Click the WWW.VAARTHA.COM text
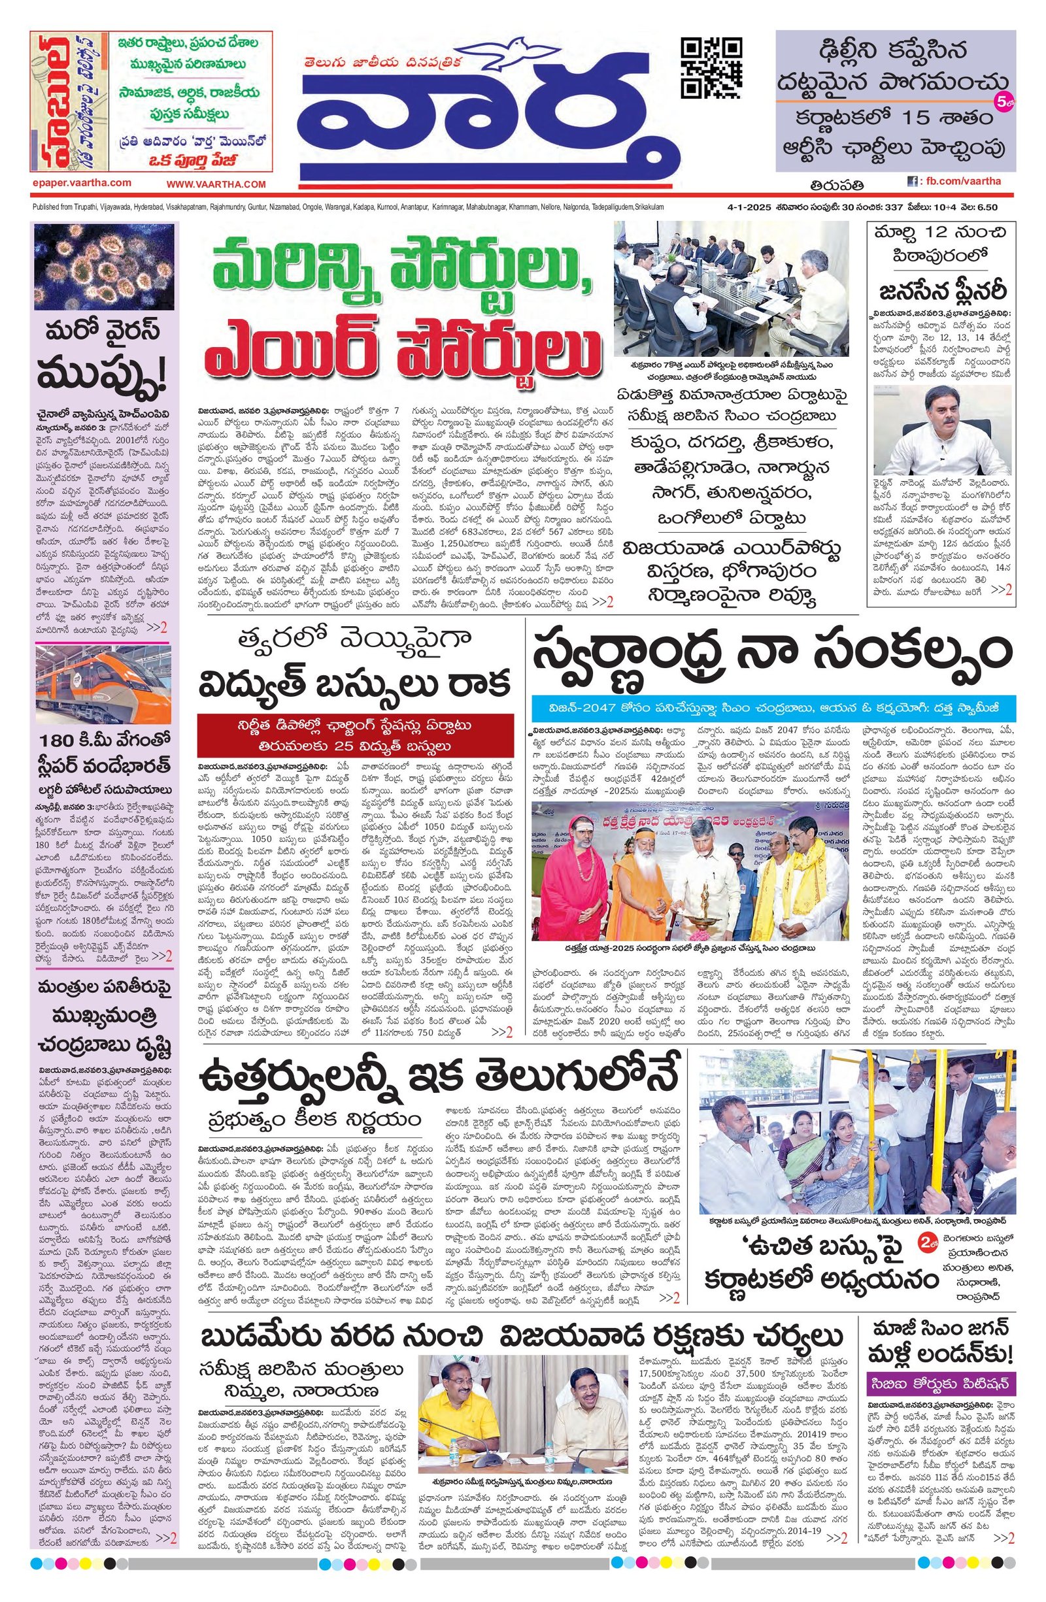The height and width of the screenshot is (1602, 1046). click(x=216, y=184)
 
